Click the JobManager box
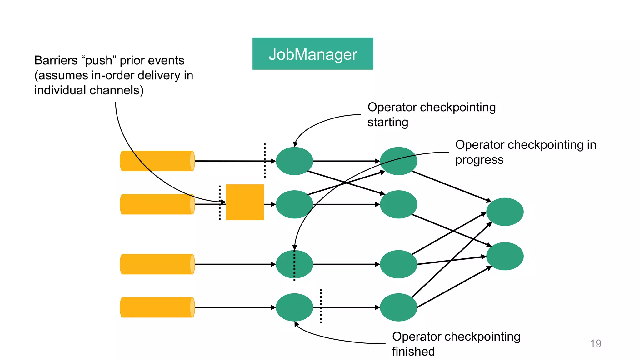coord(312,54)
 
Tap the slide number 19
coord(595,343)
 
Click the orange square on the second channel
coord(245,202)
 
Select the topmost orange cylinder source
coord(157,161)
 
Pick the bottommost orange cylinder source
coord(157,307)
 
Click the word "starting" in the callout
coord(387,122)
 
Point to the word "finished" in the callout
coord(413,352)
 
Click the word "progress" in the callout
coord(479,160)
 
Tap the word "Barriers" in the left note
coord(56,60)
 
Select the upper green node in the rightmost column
coord(505,212)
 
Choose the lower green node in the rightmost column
coord(505,256)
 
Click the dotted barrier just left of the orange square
coord(220,202)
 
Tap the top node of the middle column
coord(398,161)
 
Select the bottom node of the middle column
coord(398,307)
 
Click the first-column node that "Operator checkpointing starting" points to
coord(294,161)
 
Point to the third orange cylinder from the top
coord(157,264)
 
